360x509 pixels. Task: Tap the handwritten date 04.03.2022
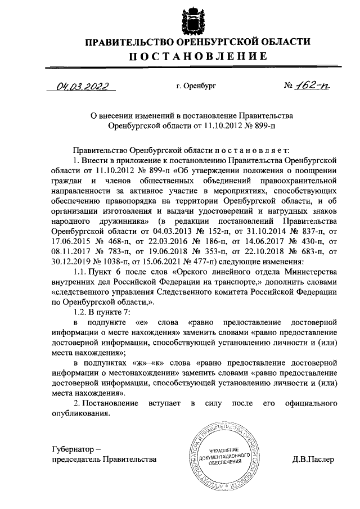tap(83, 87)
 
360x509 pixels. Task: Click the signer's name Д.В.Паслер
tap(313, 459)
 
